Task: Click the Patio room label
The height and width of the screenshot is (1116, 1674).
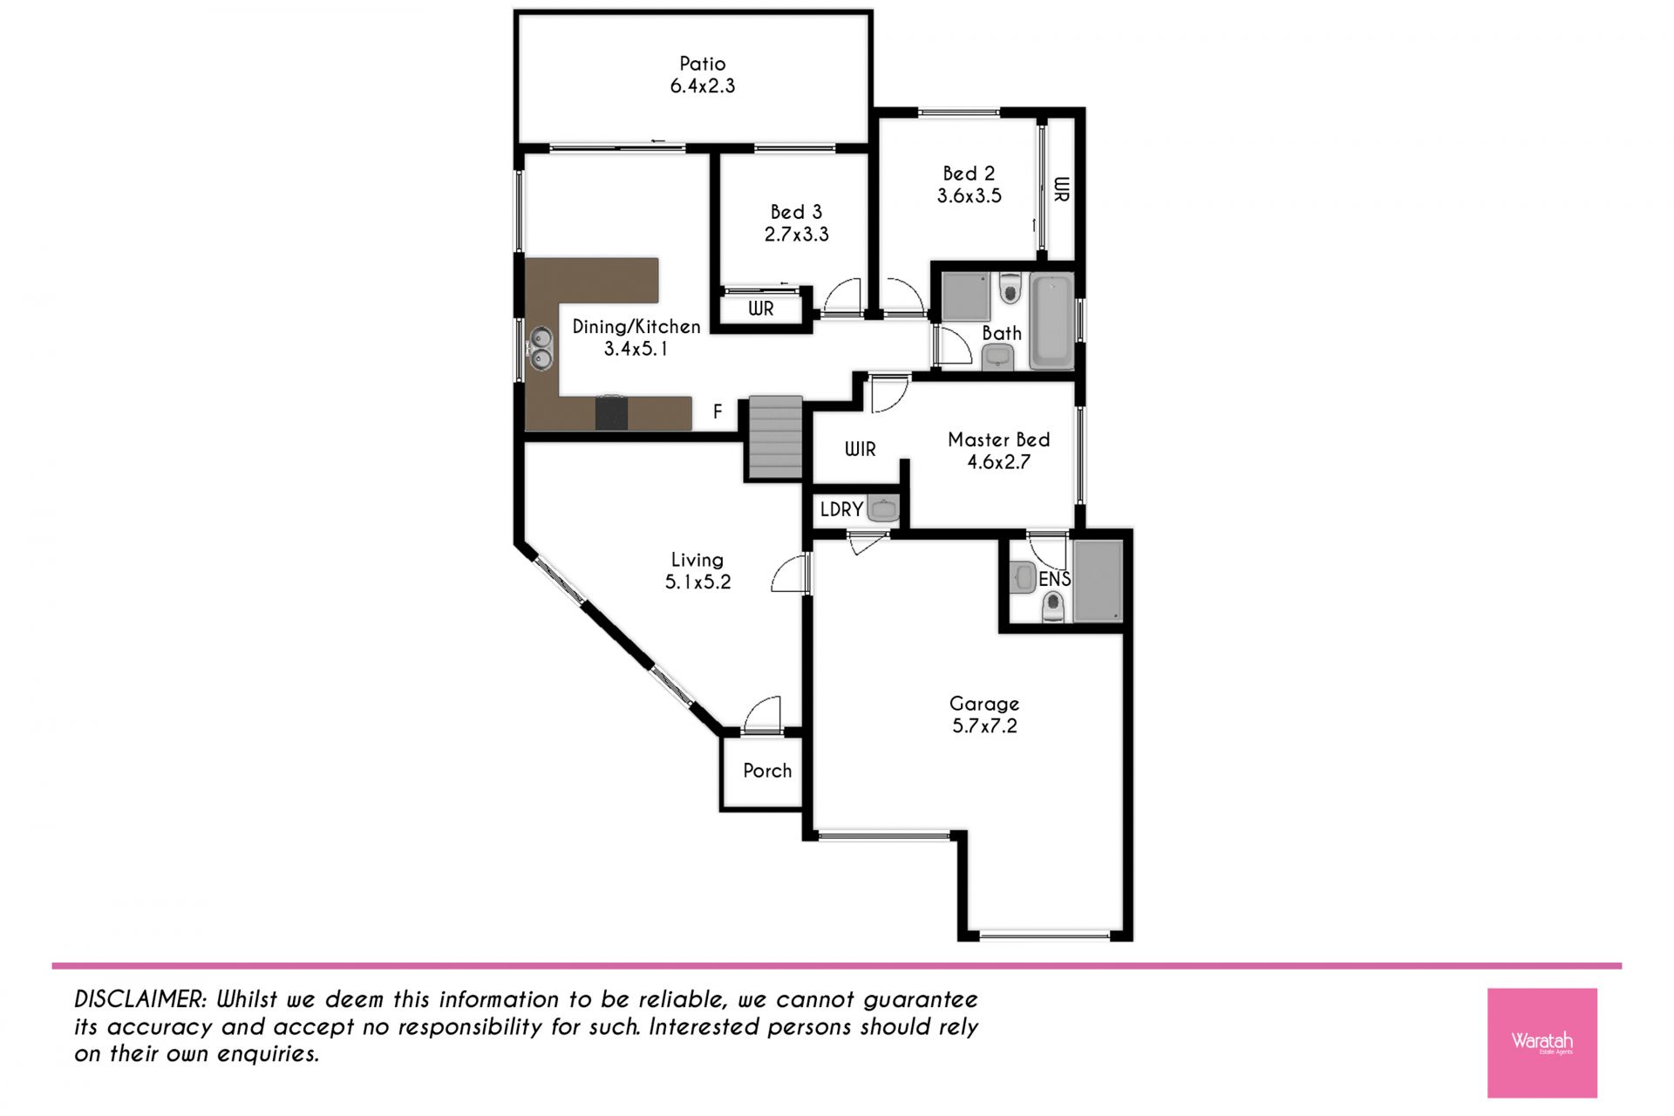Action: pos(702,64)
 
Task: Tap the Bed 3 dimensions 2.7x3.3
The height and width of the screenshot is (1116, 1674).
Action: pos(796,235)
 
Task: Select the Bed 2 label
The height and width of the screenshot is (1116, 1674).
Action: pos(969,174)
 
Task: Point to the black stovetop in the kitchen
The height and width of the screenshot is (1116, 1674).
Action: pos(611,412)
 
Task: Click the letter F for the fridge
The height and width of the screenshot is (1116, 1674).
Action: pos(718,412)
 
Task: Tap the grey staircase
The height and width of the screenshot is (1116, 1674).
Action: pos(775,437)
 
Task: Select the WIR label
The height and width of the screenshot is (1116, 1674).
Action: pos(860,449)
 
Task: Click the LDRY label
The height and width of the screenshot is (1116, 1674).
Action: pos(841,509)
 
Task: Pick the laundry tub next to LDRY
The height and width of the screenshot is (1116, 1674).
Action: pos(883,508)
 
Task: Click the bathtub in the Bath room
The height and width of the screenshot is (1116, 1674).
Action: pos(1051,320)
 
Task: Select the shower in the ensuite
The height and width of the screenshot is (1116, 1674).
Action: pos(1098,582)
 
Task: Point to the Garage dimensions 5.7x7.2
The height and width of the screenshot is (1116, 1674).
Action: pos(984,726)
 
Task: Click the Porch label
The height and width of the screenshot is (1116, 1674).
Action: pos(767,771)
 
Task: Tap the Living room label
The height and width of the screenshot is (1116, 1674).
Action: pos(697,560)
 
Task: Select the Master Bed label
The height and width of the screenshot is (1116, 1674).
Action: pos(998,439)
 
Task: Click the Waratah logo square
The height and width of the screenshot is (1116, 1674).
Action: pos(1541,1042)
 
